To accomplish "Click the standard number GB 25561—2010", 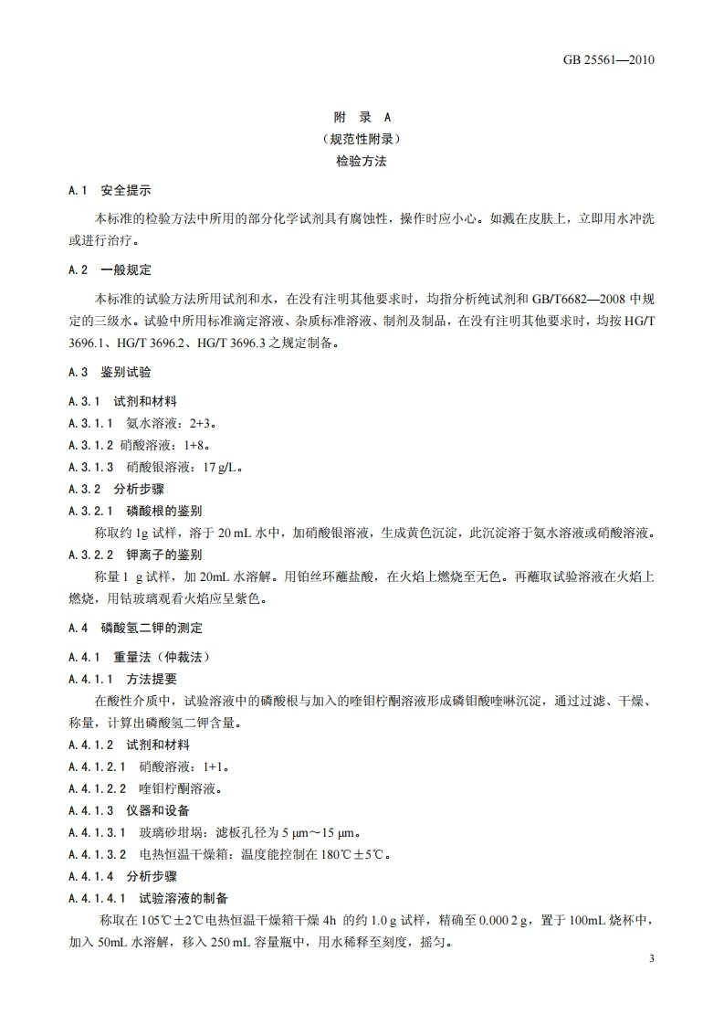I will pyautogui.click(x=611, y=61).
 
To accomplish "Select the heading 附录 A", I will pyautogui.click(x=362, y=118).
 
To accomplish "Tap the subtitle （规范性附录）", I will pyautogui.click(x=362, y=140).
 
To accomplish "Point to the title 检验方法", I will pyautogui.click(x=362, y=162).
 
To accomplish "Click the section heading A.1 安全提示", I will pyautogui.click(x=110, y=191).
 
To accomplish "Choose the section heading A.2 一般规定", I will pyautogui.click(x=110, y=271).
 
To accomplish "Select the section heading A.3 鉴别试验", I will pyautogui.click(x=110, y=373).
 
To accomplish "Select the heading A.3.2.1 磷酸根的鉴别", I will pyautogui.click(x=135, y=510).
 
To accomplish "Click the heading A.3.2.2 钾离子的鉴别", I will pyautogui.click(x=135, y=554).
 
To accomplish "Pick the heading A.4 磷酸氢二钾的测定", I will pyautogui.click(x=135, y=629).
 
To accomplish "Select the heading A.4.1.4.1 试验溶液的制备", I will pyautogui.click(x=149, y=898).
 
